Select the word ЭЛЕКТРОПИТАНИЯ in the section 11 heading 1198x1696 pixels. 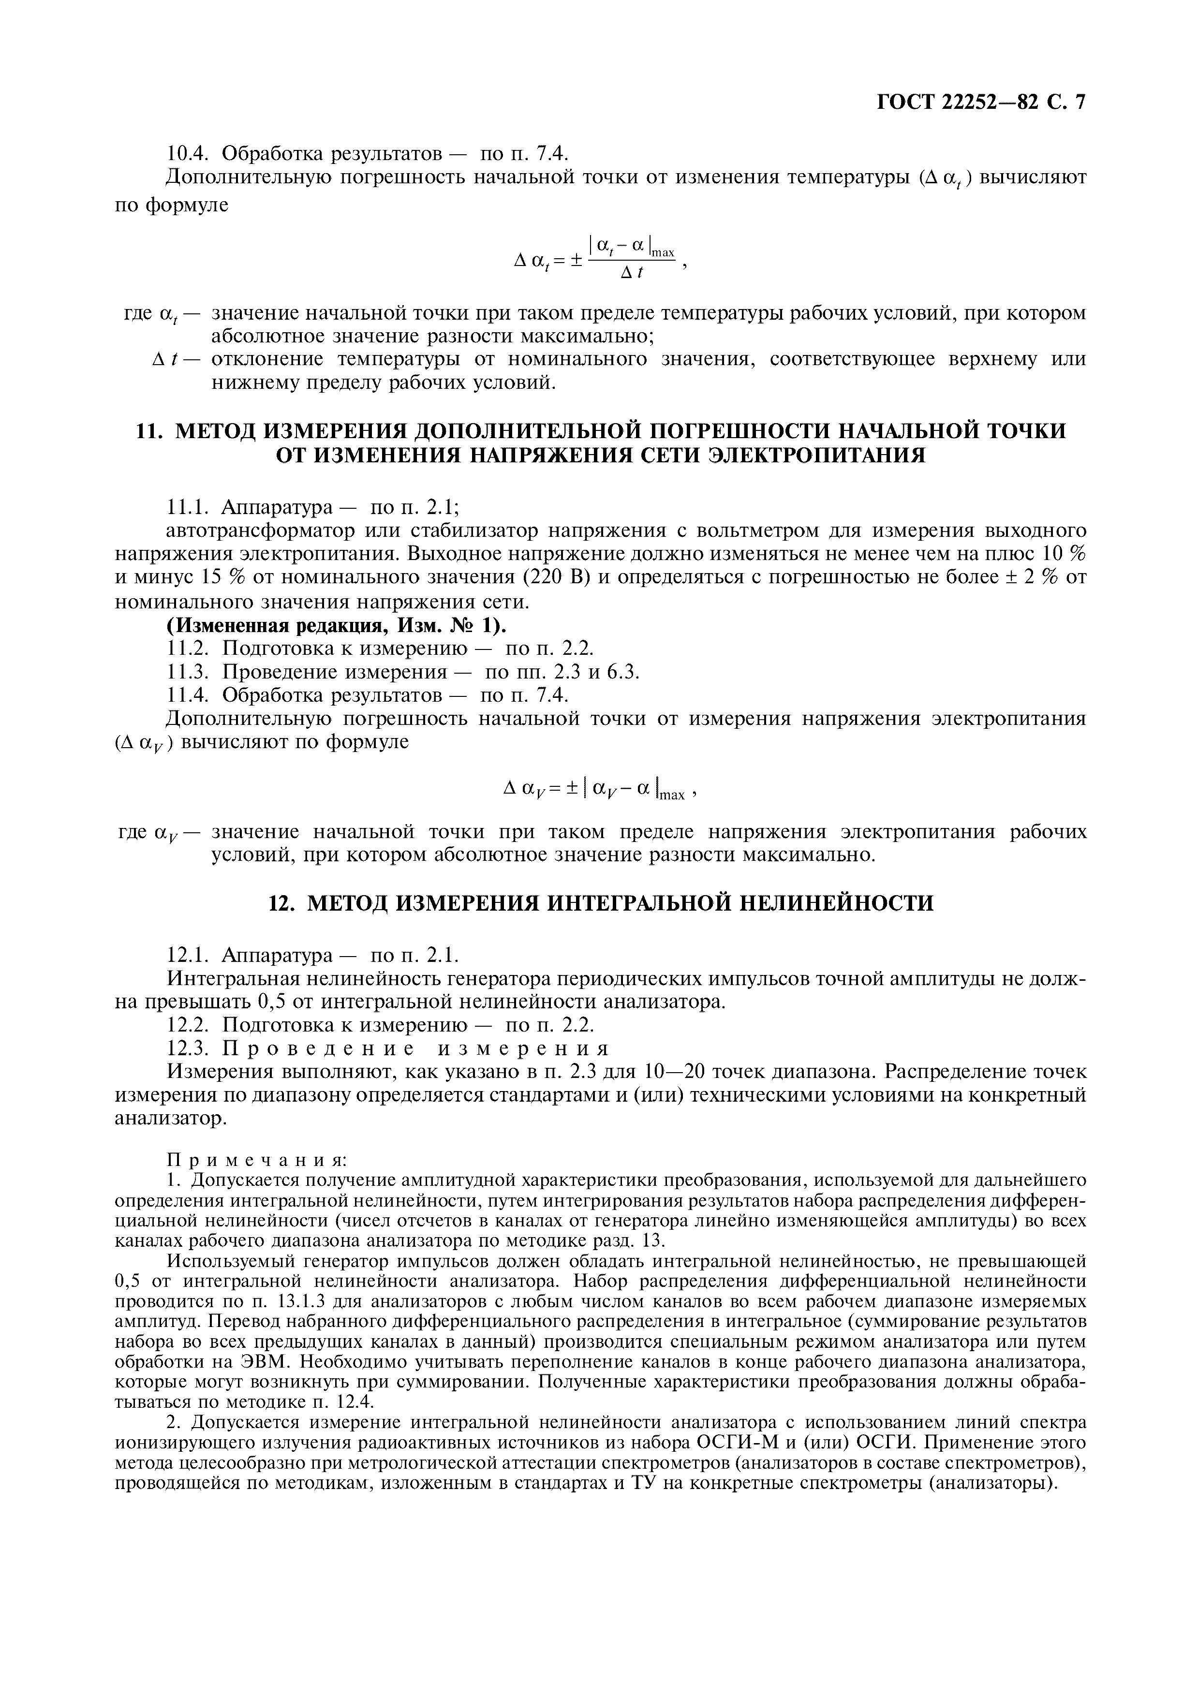click(x=816, y=455)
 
